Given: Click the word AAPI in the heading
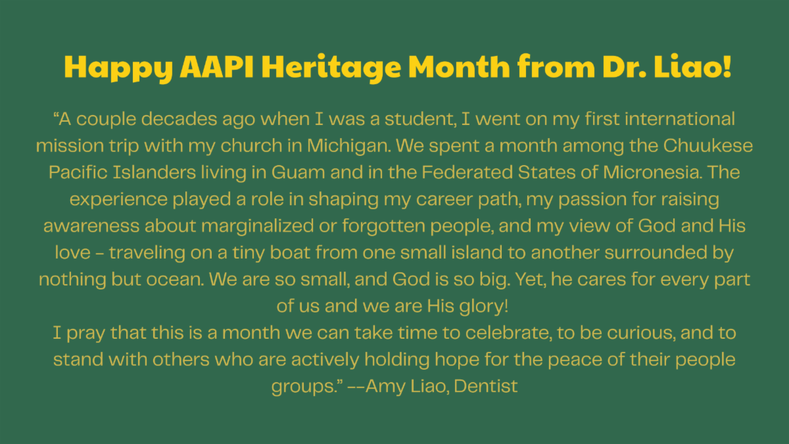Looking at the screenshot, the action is click(216, 66).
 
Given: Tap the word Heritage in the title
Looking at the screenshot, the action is click(331, 68).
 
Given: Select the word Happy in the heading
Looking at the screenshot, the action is click(118, 68).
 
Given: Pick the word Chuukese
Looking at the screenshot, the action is click(708, 145).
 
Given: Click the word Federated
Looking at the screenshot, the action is click(467, 172).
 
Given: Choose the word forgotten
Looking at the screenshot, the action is click(383, 226).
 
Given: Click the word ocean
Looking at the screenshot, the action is click(175, 280).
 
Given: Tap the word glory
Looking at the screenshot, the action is click(484, 307).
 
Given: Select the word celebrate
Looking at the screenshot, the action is click(509, 333).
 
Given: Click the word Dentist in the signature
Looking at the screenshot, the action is click(486, 386).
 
